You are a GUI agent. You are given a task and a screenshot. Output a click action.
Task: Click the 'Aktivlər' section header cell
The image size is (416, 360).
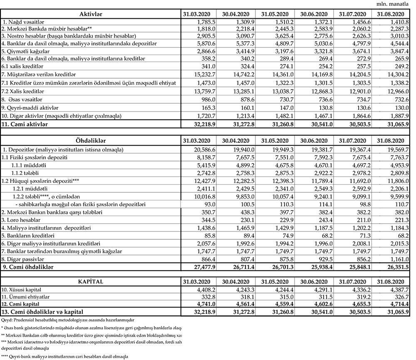pyautogui.click(x=91, y=15)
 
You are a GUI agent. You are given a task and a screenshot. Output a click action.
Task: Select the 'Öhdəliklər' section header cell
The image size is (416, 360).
pyautogui.click(x=91, y=140)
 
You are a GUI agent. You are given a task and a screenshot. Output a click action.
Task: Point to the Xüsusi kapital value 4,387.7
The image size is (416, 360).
pyautogui.click(x=397, y=290)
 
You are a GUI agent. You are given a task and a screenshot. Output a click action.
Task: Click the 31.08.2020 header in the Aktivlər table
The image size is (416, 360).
pyautogui.click(x=391, y=15)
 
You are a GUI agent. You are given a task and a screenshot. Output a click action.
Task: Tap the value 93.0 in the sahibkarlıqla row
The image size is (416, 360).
pyautogui.click(x=206, y=204)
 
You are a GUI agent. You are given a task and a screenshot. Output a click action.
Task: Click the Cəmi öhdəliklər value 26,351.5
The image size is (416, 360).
pyautogui.click(x=396, y=267)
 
